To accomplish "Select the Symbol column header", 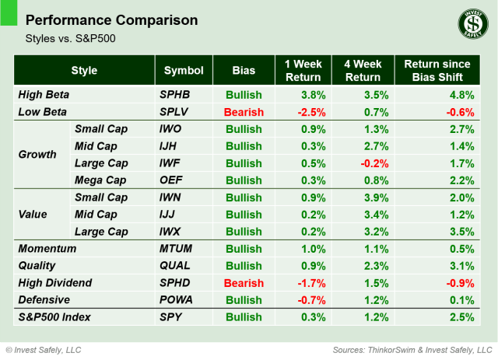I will tap(184, 71).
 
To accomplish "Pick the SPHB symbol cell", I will tap(175, 96).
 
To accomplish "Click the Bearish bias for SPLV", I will tap(243, 112).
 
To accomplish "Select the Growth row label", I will tap(37, 154).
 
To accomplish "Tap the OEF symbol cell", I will tap(171, 180).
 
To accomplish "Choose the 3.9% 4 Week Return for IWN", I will tap(366, 197).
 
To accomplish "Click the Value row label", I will tap(33, 215).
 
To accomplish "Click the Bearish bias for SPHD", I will tap(243, 283).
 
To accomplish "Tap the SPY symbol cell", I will tap(170, 317).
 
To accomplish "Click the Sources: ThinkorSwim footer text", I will tap(412, 349).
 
